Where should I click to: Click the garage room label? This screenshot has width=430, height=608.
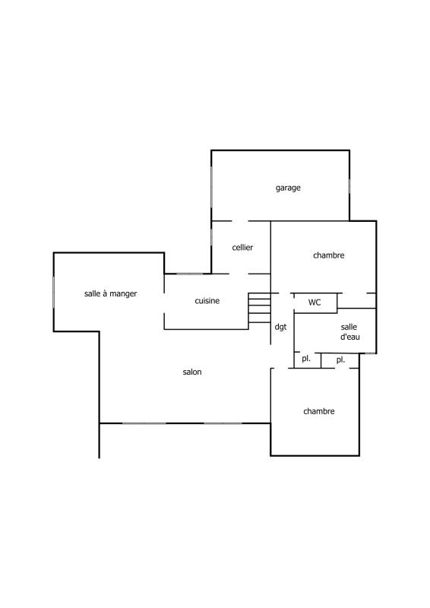[288, 188]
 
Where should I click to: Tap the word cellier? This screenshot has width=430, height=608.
[242, 248]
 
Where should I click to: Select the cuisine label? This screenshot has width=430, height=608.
[207, 301]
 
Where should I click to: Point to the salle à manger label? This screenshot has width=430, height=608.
[110, 293]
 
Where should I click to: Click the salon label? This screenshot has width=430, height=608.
[192, 372]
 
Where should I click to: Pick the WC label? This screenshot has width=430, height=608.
[315, 302]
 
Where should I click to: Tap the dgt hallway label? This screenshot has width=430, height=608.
[280, 328]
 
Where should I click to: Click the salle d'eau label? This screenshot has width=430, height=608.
[349, 332]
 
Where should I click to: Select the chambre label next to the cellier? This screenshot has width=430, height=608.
[328, 255]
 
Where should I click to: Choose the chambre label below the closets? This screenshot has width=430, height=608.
[319, 411]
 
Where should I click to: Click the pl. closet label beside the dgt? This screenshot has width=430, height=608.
[306, 359]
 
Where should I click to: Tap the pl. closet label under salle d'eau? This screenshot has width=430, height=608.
[340, 360]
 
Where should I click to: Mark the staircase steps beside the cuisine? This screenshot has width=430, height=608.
[259, 308]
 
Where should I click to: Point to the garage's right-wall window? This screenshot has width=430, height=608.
[349, 186]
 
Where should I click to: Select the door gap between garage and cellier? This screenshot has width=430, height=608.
[240, 221]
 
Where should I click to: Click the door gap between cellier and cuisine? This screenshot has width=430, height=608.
[239, 274]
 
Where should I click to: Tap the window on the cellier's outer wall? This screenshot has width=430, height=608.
[211, 237]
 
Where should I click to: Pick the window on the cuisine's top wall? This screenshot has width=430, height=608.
[190, 274]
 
